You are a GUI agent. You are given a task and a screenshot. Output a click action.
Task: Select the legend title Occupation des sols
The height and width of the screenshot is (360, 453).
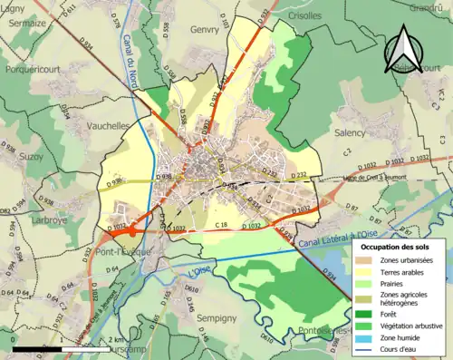pyautogui.click(x=395, y=247)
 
